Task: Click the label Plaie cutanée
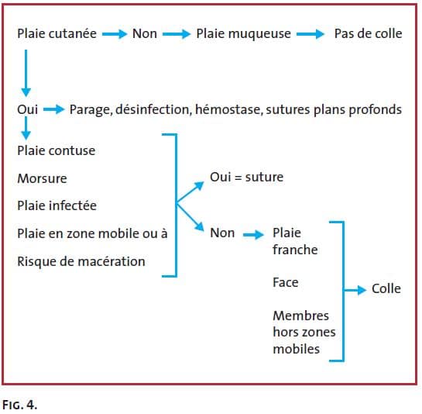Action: pyautogui.click(x=57, y=33)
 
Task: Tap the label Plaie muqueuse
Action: pyautogui.click(x=243, y=34)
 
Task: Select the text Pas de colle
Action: pyautogui.click(x=368, y=33)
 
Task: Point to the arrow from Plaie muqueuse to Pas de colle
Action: pyautogui.click(x=310, y=34)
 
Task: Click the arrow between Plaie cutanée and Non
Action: pyautogui.click(x=115, y=34)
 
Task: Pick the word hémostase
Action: pyautogui.click(x=229, y=109)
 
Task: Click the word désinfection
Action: pyautogui.click(x=153, y=109)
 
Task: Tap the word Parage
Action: pyautogui.click(x=91, y=110)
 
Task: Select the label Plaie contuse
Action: pyautogui.click(x=57, y=150)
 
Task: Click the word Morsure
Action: pyautogui.click(x=42, y=178)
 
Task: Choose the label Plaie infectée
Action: pyautogui.click(x=57, y=205)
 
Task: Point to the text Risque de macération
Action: pyautogui.click(x=81, y=261)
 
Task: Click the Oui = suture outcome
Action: pyautogui.click(x=246, y=177)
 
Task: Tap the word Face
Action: pyautogui.click(x=285, y=282)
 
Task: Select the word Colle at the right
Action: pyautogui.click(x=386, y=288)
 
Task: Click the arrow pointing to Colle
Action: pyautogui.click(x=355, y=290)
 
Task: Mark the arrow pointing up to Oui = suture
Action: pyautogui.click(x=190, y=192)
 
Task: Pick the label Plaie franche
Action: pyautogui.click(x=295, y=241)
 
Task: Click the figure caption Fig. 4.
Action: pyautogui.click(x=19, y=405)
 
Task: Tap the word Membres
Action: pyautogui.click(x=300, y=316)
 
